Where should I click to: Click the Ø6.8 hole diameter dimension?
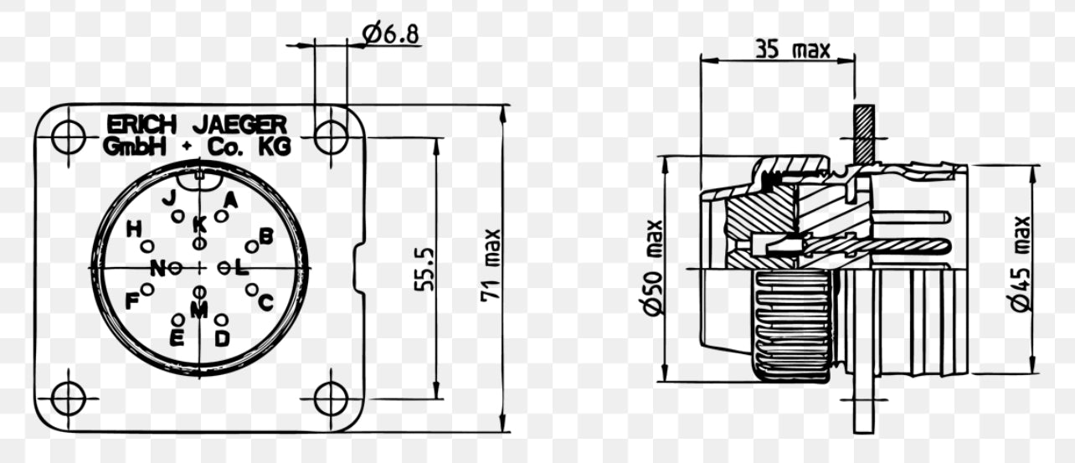pos(391,33)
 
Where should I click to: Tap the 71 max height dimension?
pos(490,267)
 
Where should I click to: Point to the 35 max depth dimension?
pos(792,49)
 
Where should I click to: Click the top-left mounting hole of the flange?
pos(68,136)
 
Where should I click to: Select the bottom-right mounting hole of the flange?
pos(331,399)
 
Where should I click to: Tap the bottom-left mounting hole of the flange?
pos(68,399)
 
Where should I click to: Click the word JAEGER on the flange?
pos(239,125)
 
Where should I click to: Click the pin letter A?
pos(231,199)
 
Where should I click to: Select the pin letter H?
pos(133,229)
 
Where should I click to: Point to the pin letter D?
pos(222,338)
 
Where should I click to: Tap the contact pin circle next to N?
pos(175,268)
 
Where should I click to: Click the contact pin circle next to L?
pos(223,268)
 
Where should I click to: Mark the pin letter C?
pos(265,302)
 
